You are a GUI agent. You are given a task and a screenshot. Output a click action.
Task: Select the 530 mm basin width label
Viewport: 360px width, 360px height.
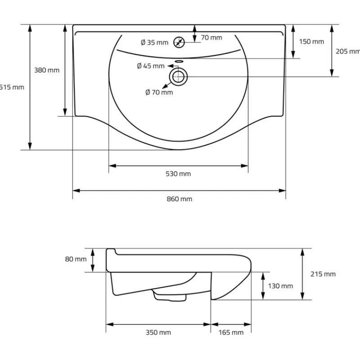click(179, 174)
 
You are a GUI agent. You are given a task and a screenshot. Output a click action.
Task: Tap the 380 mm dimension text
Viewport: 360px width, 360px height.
click(47, 70)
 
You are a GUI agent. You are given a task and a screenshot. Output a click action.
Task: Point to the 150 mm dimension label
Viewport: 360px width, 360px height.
click(311, 42)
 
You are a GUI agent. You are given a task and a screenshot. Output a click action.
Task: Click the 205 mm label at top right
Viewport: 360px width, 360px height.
click(347, 51)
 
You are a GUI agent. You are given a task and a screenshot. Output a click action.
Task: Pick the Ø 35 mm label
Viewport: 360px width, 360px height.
click(154, 43)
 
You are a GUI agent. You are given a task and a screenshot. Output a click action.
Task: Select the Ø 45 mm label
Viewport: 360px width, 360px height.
click(151, 66)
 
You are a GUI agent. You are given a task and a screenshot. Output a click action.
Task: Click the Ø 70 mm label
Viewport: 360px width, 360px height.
click(159, 92)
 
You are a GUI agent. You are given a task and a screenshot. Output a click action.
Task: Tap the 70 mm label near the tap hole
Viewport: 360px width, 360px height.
click(211, 38)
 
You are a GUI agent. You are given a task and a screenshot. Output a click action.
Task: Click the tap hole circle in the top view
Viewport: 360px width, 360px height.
click(179, 42)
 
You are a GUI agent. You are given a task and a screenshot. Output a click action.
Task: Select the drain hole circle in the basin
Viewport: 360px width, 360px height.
click(179, 76)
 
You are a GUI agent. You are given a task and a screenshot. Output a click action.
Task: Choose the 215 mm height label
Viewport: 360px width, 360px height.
click(323, 274)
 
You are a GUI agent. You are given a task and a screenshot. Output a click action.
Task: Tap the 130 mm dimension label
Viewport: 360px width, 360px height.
click(280, 286)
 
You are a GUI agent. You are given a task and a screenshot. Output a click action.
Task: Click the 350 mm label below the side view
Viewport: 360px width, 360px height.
click(158, 333)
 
